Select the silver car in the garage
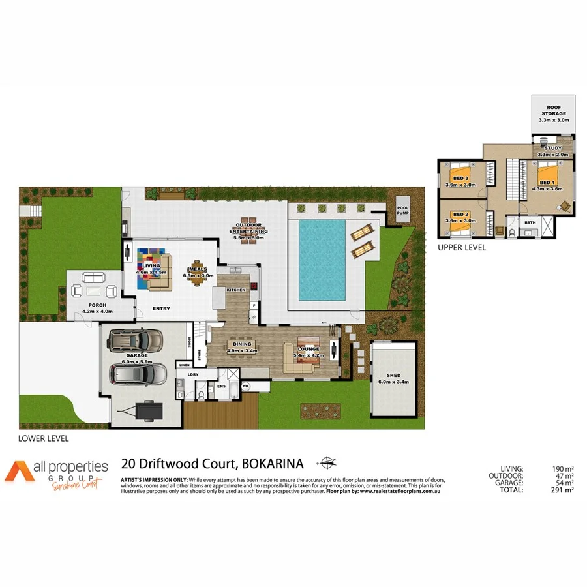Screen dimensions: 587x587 coord(138,374)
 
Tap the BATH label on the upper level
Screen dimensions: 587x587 coord(529,222)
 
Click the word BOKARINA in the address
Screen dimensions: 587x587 coord(273,464)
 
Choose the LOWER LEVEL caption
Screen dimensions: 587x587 coord(43,438)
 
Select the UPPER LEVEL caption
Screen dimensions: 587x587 coord(462,248)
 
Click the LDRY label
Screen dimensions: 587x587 coord(193,374)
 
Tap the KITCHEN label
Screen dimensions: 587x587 coord(235,289)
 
